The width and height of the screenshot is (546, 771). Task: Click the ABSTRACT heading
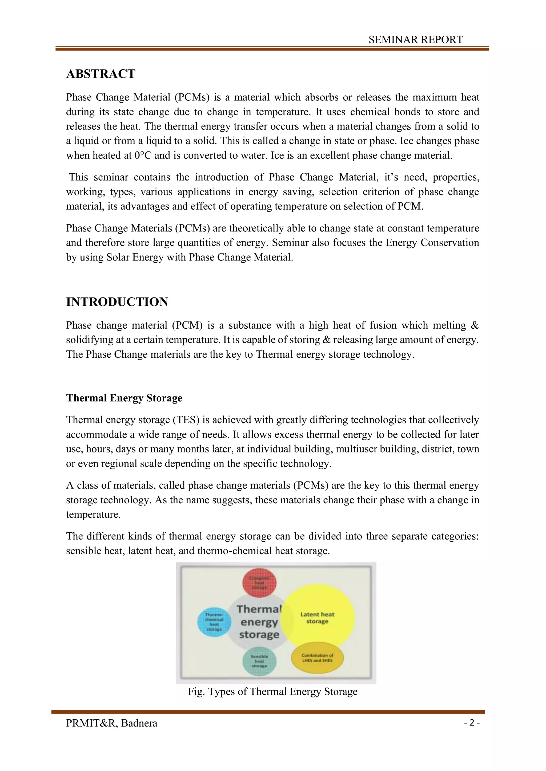click(x=101, y=74)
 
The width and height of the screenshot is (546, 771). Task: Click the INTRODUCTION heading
click(x=117, y=302)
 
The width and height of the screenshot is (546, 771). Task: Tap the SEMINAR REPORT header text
click(x=416, y=40)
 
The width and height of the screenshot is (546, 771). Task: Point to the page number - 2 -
click(x=472, y=723)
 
